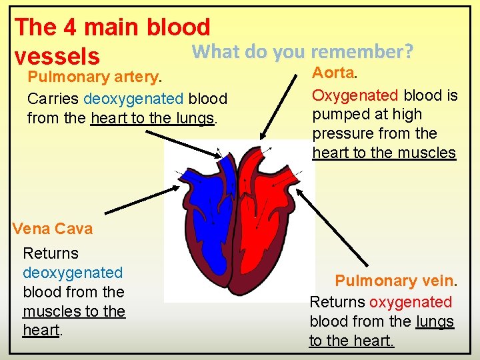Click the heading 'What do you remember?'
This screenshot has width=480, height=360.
point(303,51)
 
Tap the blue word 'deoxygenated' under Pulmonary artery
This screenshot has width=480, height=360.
point(133,99)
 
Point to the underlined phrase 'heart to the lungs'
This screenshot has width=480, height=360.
point(153,119)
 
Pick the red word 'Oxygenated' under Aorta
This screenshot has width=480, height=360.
point(355,95)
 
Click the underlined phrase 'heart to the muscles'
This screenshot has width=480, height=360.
point(384,153)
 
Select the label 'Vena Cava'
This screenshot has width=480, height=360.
point(53,229)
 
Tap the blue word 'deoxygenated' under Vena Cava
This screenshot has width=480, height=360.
point(73,273)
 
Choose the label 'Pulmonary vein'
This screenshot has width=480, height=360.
point(394,281)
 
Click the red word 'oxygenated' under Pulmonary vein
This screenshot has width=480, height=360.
point(410,302)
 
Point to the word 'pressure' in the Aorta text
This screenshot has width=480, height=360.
point(341,133)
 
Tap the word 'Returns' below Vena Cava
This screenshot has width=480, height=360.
point(51,253)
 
